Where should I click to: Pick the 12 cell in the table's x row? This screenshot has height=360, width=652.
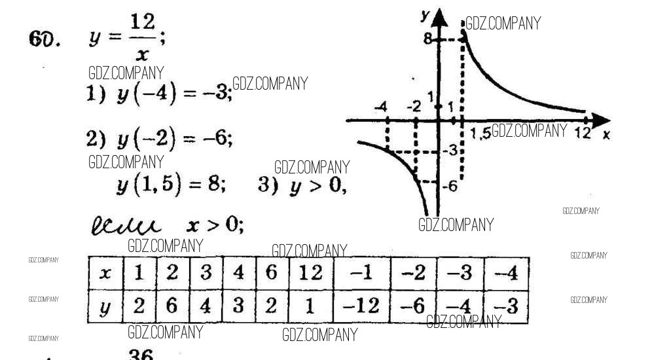(310, 272)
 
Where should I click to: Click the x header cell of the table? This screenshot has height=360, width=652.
(105, 272)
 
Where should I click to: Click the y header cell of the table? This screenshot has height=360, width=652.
(105, 306)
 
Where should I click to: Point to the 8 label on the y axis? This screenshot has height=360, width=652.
(427, 39)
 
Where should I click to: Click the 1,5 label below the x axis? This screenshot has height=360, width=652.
(480, 133)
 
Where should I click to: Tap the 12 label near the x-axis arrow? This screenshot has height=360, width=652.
(582, 133)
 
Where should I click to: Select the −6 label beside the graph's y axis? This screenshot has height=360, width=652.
(448, 187)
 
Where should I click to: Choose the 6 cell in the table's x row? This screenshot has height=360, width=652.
(272, 272)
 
